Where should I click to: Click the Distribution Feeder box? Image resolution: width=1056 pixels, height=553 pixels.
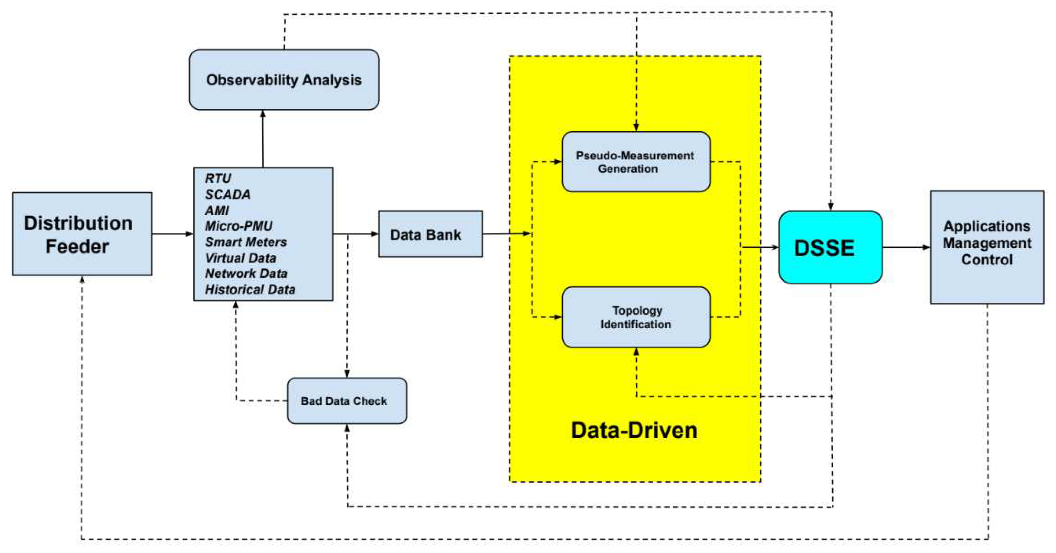pos(82,234)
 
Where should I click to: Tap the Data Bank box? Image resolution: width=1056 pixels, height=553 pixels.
pos(430,234)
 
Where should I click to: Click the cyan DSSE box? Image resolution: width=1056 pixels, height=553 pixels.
pos(830,247)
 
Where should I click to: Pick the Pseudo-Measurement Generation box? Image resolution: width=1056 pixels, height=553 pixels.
pos(635,162)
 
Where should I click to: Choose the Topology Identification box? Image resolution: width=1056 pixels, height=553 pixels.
pos(635,317)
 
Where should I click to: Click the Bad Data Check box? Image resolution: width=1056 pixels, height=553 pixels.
pos(346,401)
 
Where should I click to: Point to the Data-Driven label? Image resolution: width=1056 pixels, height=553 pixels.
pos(634,430)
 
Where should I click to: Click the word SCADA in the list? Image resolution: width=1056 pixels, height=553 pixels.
pos(227,194)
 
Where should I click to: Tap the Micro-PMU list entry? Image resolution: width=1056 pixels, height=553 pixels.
pos(239,226)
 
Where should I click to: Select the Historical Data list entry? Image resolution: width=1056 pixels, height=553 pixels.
pos(250,290)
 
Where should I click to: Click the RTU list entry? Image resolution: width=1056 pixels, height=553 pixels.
pos(218,178)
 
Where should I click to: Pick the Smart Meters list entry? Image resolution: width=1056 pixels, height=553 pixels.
pos(246,242)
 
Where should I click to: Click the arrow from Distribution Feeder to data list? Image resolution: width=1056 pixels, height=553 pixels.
pos(172,234)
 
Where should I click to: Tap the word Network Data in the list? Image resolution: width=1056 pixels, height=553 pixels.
pos(246,273)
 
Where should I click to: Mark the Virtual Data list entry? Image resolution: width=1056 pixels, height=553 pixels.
pos(241,258)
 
